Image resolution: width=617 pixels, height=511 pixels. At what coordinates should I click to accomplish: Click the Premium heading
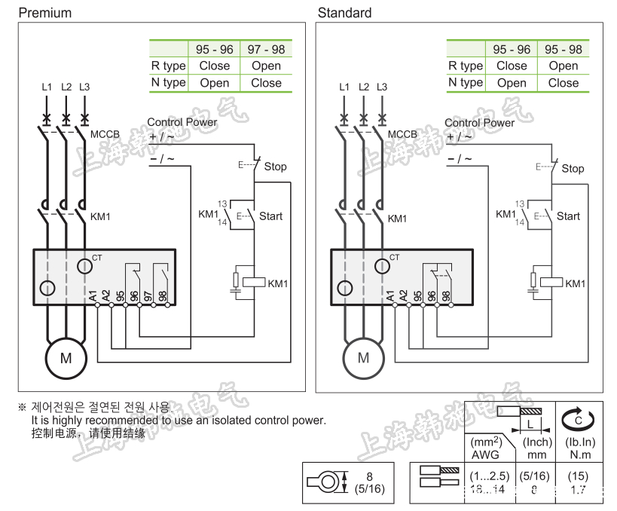click(x=44, y=13)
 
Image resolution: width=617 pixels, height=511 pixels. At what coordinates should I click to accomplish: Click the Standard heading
click(x=344, y=13)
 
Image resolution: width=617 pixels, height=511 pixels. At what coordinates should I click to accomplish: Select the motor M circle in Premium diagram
click(x=66, y=358)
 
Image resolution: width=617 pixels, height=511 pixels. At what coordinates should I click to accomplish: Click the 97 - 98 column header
click(x=266, y=49)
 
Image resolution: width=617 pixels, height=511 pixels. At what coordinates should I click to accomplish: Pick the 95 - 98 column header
click(x=563, y=49)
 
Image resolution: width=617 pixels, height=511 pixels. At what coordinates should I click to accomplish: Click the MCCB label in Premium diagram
click(x=105, y=135)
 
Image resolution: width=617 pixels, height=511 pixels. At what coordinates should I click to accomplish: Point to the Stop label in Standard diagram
click(x=573, y=169)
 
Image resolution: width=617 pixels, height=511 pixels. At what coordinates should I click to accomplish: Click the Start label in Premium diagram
click(x=271, y=216)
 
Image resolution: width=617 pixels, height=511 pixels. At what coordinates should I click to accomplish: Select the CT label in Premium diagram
click(x=96, y=258)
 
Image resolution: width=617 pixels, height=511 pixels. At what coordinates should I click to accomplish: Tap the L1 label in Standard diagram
click(x=344, y=87)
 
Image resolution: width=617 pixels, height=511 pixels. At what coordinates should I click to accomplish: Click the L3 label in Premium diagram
click(x=84, y=87)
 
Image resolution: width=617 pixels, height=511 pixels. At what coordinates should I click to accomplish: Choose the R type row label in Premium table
click(x=168, y=66)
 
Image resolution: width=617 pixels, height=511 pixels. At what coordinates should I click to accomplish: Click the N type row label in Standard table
click(x=466, y=82)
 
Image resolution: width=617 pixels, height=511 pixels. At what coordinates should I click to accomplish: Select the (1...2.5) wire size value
click(x=490, y=476)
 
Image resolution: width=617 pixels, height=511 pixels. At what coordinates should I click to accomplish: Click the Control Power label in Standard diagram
click(x=479, y=122)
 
